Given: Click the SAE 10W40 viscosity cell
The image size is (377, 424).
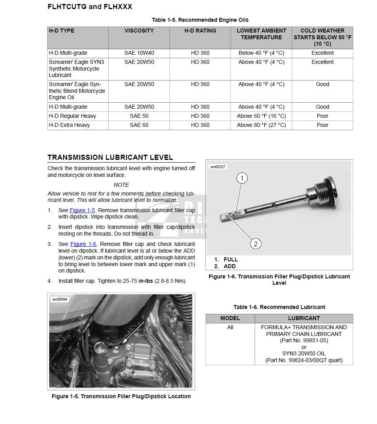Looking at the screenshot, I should point(139,53).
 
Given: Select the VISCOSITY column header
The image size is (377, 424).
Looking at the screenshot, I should point(139,31).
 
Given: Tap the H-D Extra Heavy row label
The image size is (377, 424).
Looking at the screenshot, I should point(69,125).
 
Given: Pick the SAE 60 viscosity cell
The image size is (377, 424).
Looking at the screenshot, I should point(139,125).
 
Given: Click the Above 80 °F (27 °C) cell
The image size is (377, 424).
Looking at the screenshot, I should point(261,125).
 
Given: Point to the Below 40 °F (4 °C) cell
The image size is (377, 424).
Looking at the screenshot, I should point(261,53).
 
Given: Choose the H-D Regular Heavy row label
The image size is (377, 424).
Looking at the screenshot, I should point(72,116).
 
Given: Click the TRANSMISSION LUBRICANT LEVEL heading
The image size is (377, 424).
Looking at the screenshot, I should point(110,157).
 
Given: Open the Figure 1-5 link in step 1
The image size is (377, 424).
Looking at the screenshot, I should point(82,210).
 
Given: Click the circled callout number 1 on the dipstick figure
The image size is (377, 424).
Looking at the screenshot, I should point(242,178).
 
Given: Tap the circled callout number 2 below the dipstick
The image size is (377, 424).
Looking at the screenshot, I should point(255,244).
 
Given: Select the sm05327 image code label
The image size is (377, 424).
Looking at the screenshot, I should point(218,167).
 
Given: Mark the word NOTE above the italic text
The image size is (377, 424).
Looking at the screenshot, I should point(121,185).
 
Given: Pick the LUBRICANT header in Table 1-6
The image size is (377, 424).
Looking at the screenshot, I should point(304,318).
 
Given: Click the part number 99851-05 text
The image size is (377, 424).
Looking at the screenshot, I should point(304,340).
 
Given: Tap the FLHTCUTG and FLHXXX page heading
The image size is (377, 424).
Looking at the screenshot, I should point(90,7).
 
